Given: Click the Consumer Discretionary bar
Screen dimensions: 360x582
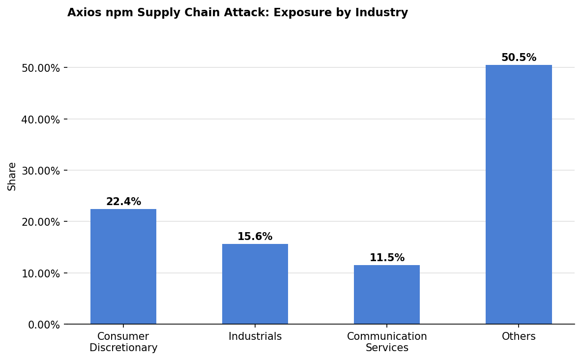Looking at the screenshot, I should coord(123,267).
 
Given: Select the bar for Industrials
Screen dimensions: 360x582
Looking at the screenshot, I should coord(255,284).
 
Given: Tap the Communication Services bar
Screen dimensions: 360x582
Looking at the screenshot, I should coord(387,295).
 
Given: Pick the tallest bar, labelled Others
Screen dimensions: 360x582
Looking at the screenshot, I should coord(519,194).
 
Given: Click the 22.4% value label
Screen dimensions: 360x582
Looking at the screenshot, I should coord(123,202).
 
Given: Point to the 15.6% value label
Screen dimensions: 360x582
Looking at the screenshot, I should coord(255,237).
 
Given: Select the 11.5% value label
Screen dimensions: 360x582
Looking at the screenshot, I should coord(387,258).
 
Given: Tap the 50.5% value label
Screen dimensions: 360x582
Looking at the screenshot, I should coord(519,58).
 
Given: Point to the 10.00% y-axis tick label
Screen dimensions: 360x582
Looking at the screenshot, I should coord(41,273).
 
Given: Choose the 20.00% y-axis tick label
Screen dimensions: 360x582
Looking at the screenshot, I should coord(41,222).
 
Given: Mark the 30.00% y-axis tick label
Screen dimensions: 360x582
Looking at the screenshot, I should coord(41,171).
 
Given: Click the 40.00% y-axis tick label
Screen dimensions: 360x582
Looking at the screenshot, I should coord(41,120).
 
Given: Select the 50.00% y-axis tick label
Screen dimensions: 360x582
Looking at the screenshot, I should coord(41,68).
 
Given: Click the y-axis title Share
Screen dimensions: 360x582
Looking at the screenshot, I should coord(12,176).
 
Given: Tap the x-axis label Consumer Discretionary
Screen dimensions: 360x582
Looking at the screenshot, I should coord(123,342).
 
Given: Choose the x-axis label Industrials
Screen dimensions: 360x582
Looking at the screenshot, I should coord(255,337).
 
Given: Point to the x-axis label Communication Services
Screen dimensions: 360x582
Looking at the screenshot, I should coord(387,342).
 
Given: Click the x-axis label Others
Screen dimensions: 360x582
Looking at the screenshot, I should coord(519,337).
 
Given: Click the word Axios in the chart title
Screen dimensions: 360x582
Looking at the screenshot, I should coord(82,13).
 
